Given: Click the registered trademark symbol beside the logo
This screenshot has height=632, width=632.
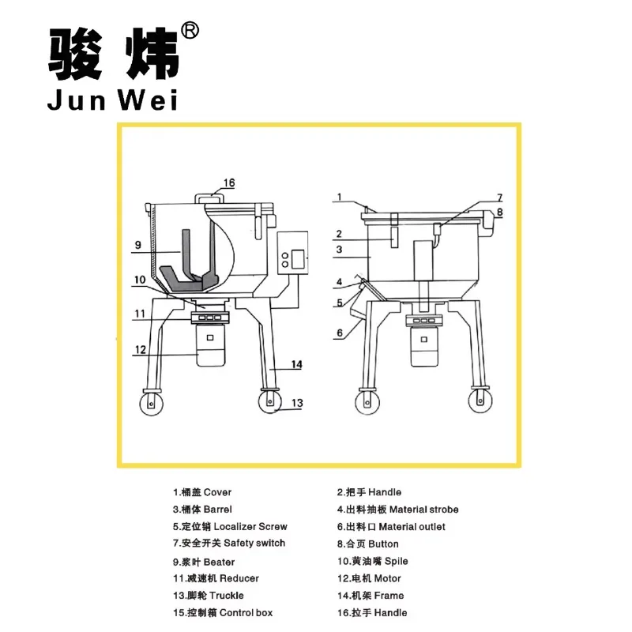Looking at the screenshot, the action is click(x=190, y=31).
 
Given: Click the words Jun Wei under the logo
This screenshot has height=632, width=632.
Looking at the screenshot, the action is click(x=112, y=100).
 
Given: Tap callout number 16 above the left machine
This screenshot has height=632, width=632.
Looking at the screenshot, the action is click(x=229, y=182).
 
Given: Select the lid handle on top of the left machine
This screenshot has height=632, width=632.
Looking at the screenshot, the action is click(x=209, y=199).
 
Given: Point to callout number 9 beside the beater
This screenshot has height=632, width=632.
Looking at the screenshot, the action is click(x=137, y=245).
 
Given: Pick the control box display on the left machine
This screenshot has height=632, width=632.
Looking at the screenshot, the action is click(x=298, y=259).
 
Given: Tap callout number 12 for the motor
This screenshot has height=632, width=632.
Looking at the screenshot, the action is click(x=141, y=349).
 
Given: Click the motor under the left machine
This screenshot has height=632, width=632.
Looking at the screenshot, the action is click(x=210, y=344).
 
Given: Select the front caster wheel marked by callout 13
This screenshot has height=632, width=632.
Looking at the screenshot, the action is click(x=269, y=401).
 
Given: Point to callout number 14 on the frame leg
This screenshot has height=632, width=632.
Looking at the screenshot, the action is click(x=297, y=364).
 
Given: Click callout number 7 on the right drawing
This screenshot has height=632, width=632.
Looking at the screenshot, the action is click(x=500, y=197).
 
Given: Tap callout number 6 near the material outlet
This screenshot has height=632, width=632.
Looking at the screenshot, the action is click(x=340, y=333).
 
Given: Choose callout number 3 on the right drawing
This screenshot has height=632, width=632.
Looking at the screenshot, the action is click(x=339, y=250).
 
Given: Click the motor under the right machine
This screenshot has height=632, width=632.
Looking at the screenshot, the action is click(x=424, y=346).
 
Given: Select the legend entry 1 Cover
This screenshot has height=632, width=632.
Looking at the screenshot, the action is click(x=202, y=492).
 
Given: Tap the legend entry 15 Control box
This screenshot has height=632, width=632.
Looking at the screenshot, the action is click(x=223, y=613).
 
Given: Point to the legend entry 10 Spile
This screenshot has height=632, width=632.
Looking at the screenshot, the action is click(x=372, y=561).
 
